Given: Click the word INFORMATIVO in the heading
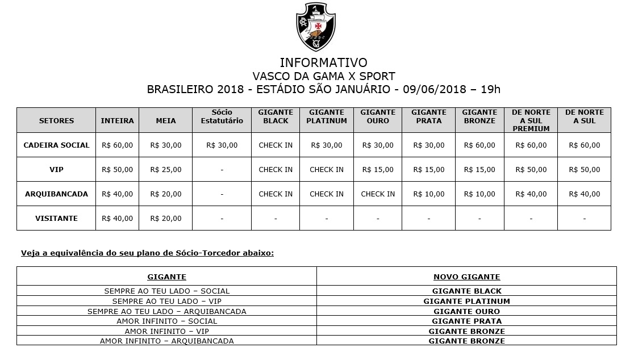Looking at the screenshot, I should pyautogui.click(x=323, y=62).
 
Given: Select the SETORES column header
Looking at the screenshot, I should pyautogui.click(x=56, y=120).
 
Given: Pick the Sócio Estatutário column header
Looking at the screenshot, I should pyautogui.click(x=222, y=116).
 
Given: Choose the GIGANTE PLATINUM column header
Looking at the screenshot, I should pyautogui.click(x=327, y=116).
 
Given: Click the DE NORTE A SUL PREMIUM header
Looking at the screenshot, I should pyautogui.click(x=531, y=120).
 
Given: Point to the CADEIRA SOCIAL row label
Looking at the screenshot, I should pyautogui.click(x=56, y=145).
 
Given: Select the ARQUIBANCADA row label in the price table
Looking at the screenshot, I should pyautogui.click(x=56, y=194).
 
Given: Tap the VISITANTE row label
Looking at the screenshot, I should pyautogui.click(x=56, y=218).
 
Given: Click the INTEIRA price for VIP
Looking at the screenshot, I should pyautogui.click(x=117, y=169).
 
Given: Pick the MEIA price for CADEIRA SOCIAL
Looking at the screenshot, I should pyautogui.click(x=166, y=145).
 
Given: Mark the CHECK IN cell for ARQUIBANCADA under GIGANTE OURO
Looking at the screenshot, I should pyautogui.click(x=378, y=194).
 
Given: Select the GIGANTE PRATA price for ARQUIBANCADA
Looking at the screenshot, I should pyautogui.click(x=429, y=194).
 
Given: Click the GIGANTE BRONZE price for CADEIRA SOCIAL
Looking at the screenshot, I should pyautogui.click(x=479, y=145).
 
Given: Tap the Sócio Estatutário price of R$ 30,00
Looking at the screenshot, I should pyautogui.click(x=222, y=145).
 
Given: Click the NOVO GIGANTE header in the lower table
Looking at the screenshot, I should pyautogui.click(x=466, y=277).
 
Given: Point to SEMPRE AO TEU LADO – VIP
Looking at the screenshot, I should pyautogui.click(x=166, y=301).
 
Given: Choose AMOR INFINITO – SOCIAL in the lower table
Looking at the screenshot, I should pyautogui.click(x=166, y=321).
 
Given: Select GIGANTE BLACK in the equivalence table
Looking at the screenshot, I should pyautogui.click(x=466, y=291).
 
